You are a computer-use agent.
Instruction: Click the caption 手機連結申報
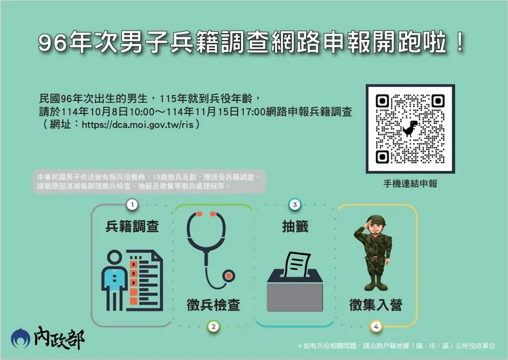coord(409,184)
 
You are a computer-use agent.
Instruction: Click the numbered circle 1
coord(132,204)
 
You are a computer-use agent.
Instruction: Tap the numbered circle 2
coord(213,327)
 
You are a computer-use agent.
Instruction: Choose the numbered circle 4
coord(375,327)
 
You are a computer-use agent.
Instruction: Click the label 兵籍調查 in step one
coord(132,226)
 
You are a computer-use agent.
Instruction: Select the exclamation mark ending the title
coord(461,43)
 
